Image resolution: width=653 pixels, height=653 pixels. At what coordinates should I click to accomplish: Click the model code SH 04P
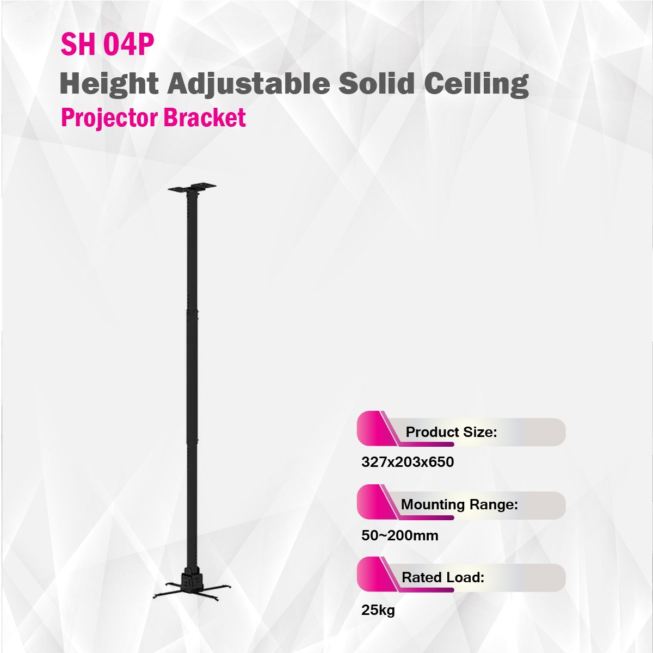tap(107, 45)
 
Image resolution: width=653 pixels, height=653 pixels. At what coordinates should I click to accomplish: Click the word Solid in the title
tap(377, 83)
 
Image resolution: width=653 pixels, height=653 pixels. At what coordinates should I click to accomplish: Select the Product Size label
tap(451, 432)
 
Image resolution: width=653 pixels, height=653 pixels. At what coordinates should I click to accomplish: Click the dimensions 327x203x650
tap(408, 462)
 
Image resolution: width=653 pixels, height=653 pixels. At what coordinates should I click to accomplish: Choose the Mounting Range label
tap(459, 504)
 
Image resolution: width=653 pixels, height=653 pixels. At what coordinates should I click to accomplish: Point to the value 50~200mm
tap(400, 535)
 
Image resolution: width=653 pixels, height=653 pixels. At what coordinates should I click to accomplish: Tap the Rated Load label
tap(443, 577)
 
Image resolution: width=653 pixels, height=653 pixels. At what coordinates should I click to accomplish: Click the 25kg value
tap(378, 610)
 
